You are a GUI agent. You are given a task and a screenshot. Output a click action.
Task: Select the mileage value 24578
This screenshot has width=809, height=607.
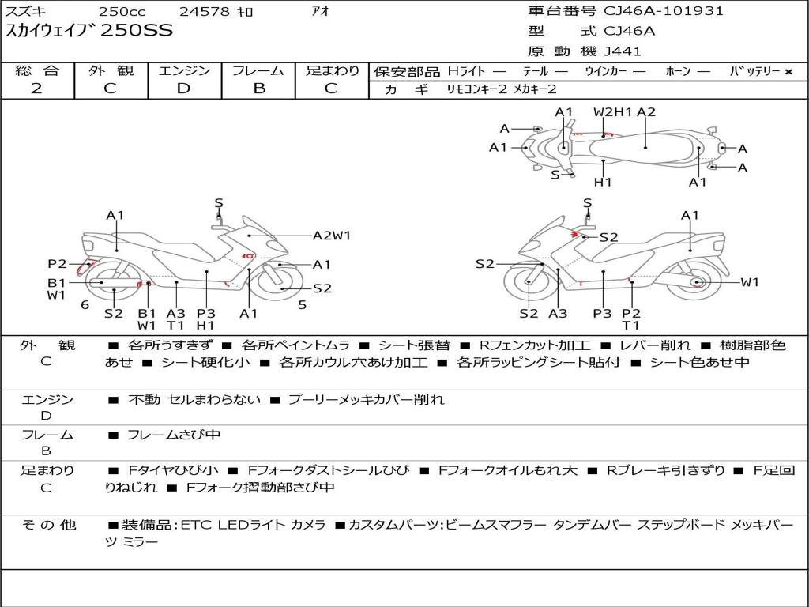(205, 12)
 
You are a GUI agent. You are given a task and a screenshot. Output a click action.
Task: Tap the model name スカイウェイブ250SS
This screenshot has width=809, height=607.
(88, 31)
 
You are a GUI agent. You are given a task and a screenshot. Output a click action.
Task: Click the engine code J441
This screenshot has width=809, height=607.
(623, 51)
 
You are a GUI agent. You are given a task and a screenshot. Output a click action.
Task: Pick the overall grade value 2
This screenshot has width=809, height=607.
(36, 89)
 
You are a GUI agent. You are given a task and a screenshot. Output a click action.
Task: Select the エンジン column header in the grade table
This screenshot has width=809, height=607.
(184, 70)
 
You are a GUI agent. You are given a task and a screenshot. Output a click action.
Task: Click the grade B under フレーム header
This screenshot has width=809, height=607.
(258, 89)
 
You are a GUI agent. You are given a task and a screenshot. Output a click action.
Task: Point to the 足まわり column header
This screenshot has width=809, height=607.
(333, 70)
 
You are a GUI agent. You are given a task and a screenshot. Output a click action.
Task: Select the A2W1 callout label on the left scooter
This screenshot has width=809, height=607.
(332, 235)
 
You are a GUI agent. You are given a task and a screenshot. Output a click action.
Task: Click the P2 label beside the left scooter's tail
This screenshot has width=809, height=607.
(57, 264)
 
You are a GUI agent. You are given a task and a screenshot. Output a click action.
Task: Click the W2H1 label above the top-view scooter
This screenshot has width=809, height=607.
(613, 111)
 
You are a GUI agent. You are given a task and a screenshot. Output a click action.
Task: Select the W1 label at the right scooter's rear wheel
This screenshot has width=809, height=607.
(749, 282)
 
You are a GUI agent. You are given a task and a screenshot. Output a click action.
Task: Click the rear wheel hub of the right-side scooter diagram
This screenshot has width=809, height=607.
(696, 282)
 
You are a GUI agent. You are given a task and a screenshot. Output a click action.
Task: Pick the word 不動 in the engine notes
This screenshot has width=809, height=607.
(144, 400)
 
